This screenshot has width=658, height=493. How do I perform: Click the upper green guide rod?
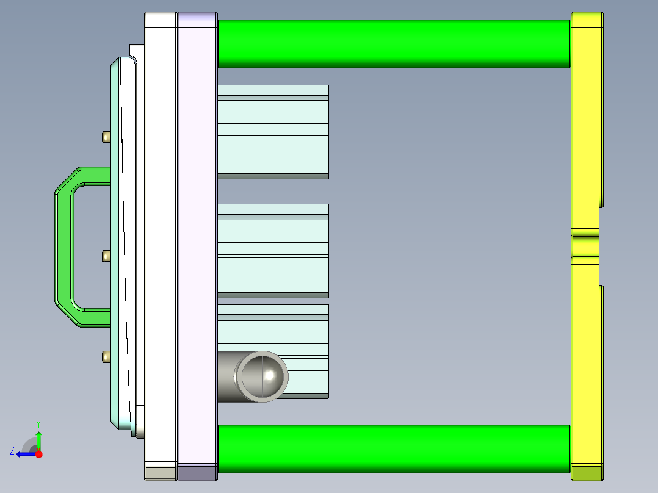tap(394, 43)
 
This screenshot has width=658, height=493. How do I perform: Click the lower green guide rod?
tap(394, 449)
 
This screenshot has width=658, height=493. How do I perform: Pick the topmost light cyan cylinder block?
tap(273, 131)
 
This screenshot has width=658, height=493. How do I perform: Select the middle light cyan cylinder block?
tap(273, 250)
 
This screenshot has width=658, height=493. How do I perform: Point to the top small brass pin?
tap(106, 137)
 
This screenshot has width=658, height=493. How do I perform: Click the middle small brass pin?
tap(106, 256)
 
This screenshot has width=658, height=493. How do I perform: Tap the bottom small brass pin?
tap(106, 356)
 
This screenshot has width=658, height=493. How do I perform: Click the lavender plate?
tap(197, 244)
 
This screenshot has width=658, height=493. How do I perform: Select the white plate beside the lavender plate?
tap(161, 244)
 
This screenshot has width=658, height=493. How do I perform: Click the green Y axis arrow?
tap(38, 438)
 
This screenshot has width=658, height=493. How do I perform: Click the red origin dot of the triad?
tap(39, 454)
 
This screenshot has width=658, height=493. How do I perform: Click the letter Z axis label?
tap(12, 451)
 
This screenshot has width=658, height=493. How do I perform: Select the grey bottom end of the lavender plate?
tap(197, 472)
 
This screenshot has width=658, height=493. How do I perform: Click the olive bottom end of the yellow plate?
tap(587, 473)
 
